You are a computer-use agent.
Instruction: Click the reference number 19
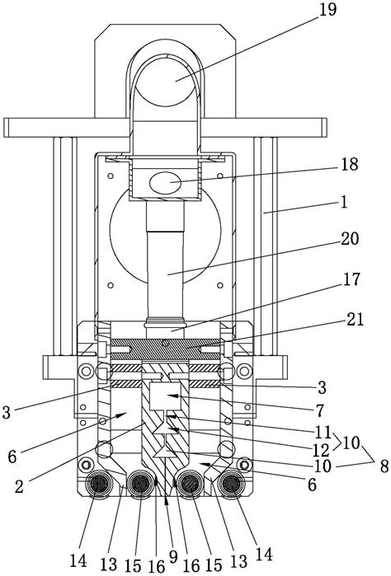(327, 9)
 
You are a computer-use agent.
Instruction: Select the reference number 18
(349, 164)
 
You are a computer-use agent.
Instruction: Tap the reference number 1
(343, 202)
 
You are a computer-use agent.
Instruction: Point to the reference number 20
(349, 239)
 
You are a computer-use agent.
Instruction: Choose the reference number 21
(355, 319)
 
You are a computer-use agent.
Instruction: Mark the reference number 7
(319, 410)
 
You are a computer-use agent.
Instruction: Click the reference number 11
(323, 432)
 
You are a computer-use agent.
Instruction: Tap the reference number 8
(384, 466)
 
